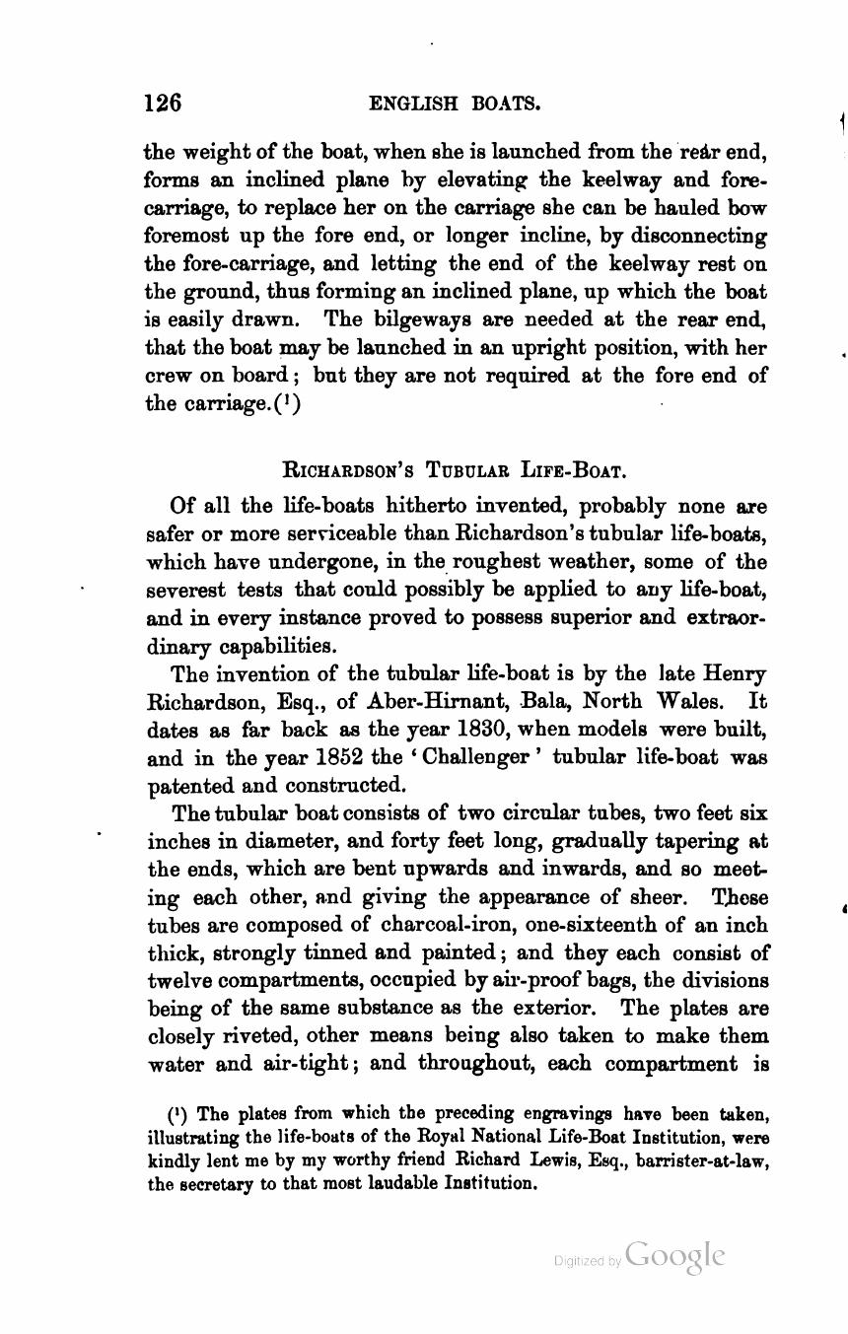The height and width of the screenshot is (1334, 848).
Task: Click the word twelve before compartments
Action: pyautogui.click(x=178, y=981)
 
